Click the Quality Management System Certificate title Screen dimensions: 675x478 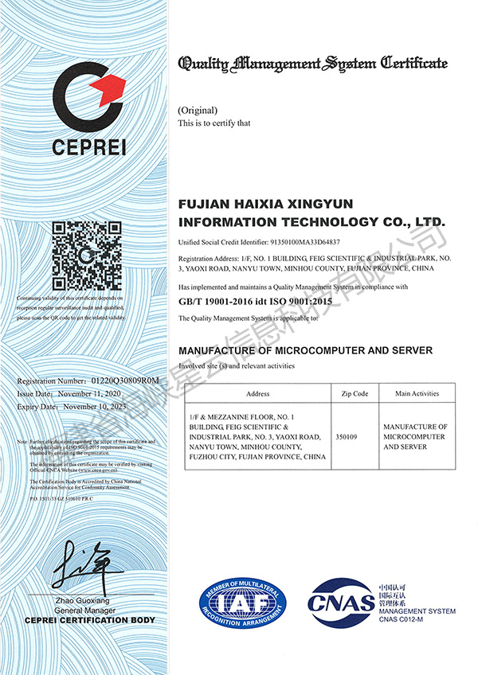point(313,63)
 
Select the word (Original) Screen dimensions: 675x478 point(197,110)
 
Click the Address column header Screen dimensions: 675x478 point(258,393)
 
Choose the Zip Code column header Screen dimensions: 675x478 point(355,393)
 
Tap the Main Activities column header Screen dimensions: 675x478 point(417,393)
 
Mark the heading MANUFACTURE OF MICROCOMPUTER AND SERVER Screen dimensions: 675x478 point(305,350)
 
